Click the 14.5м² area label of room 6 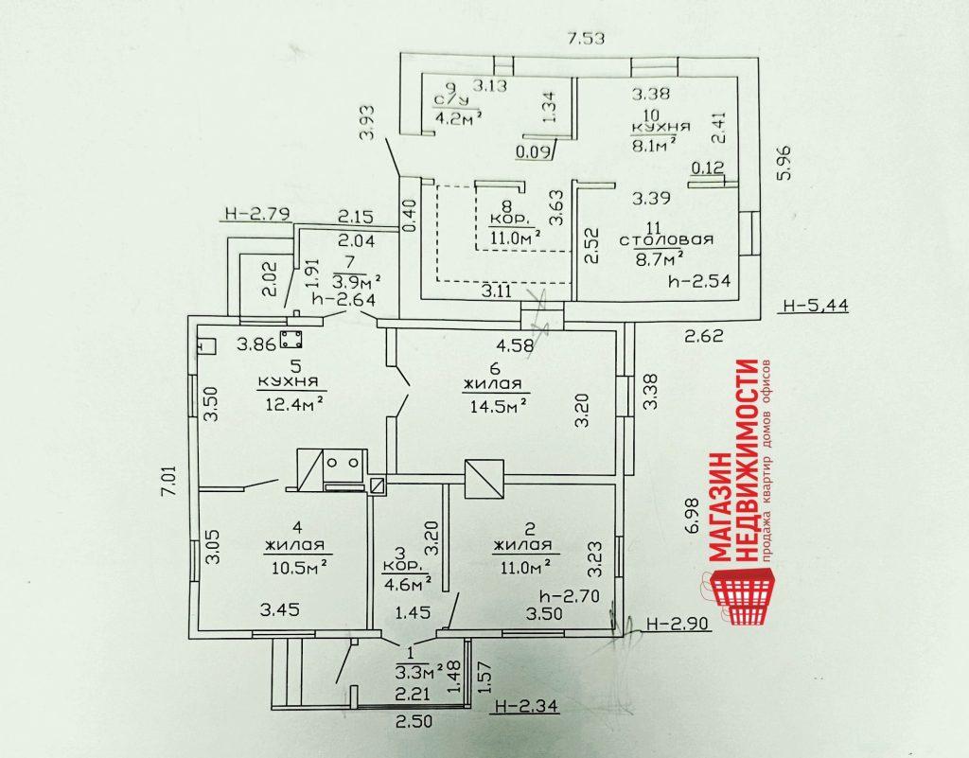pyautogui.click(x=495, y=404)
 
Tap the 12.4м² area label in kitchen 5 pyautogui.click(x=291, y=404)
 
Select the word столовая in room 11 pyautogui.click(x=666, y=239)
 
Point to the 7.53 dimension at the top pyautogui.click(x=585, y=39)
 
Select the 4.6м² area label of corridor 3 pyautogui.click(x=407, y=582)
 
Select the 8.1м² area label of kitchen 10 pyautogui.click(x=654, y=143)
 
